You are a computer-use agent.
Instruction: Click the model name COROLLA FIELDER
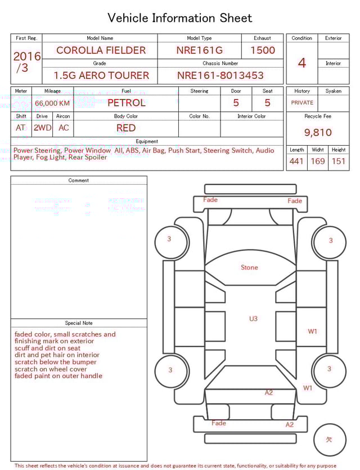click(x=101, y=50)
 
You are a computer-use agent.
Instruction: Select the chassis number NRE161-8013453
click(x=220, y=75)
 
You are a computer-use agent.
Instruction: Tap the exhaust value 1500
click(x=263, y=50)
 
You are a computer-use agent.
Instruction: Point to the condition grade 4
click(x=302, y=62)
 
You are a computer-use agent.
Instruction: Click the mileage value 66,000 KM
click(x=52, y=103)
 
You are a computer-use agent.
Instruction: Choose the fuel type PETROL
click(x=126, y=102)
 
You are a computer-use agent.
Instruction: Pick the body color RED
click(x=126, y=128)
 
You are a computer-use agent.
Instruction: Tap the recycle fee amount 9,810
click(x=318, y=132)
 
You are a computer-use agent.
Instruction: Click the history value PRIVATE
click(x=302, y=102)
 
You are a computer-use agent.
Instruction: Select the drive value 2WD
click(x=42, y=128)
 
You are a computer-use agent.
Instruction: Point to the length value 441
click(x=296, y=162)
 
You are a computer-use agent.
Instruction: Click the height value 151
click(x=339, y=162)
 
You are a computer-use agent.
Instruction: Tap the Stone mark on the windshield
click(x=249, y=267)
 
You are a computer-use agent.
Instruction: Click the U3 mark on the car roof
click(x=253, y=319)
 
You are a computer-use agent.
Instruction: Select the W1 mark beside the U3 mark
click(x=312, y=331)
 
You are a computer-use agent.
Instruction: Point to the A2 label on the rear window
click(x=269, y=392)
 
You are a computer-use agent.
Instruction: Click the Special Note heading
click(x=79, y=323)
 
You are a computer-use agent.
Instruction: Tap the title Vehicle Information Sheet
click(x=180, y=18)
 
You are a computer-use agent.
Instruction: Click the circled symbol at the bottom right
click(x=329, y=440)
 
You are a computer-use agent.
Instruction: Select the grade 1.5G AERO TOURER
click(x=101, y=75)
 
